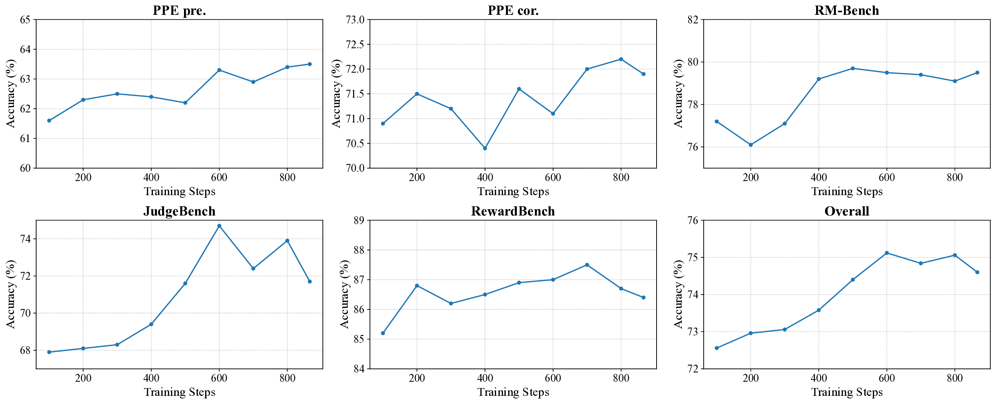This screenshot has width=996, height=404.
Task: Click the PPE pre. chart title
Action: coord(179,10)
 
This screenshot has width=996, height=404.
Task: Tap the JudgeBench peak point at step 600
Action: coord(219,226)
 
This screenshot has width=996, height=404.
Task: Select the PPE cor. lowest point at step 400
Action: coord(485,148)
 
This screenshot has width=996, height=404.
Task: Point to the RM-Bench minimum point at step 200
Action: coord(750,145)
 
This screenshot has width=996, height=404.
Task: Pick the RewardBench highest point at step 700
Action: coord(587,265)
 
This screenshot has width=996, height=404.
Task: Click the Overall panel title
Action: coord(847,211)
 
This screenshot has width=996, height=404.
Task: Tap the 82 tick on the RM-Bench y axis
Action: coord(693,19)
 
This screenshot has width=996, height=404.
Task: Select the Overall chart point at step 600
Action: coord(887,253)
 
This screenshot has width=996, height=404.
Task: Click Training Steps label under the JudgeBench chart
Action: coord(180,392)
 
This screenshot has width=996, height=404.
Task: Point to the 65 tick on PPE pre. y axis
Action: coord(25,19)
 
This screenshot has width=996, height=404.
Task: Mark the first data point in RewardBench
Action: coord(383,333)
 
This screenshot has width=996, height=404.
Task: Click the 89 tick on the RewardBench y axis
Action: coord(359,220)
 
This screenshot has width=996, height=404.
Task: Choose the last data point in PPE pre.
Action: coord(310,64)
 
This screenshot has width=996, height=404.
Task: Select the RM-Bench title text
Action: coord(847,10)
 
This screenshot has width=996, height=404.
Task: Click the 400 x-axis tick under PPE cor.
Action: coord(485,177)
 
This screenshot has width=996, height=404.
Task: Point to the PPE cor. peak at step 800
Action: coord(621,59)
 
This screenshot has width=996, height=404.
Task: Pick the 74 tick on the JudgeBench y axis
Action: coord(25,239)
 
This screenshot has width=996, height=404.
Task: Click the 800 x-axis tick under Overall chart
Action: coord(954,378)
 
